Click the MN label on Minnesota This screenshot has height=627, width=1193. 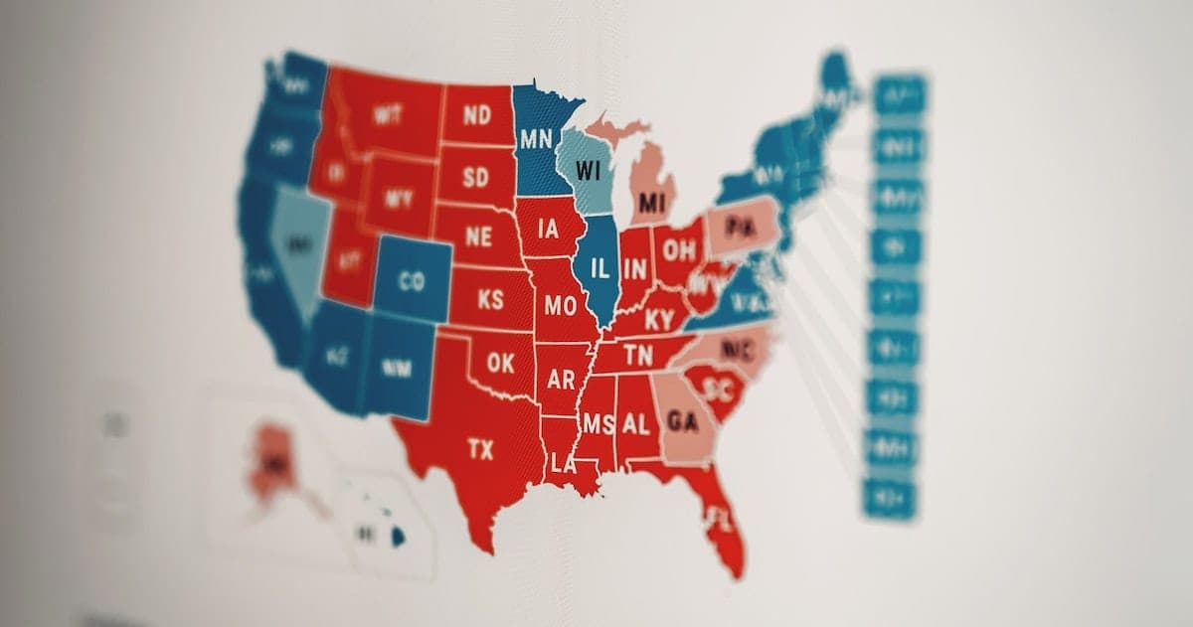pyautogui.click(x=536, y=137)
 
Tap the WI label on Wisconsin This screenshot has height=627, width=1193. pyautogui.click(x=589, y=170)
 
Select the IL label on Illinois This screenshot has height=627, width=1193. pyautogui.click(x=599, y=268)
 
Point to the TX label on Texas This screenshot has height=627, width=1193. pyautogui.click(x=480, y=450)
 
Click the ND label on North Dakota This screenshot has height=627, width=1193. pyautogui.click(x=476, y=115)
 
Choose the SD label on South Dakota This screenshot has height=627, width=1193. pyautogui.click(x=475, y=178)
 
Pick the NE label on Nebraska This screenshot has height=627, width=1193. pyautogui.click(x=478, y=236)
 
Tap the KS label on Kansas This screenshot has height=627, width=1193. pyautogui.click(x=490, y=300)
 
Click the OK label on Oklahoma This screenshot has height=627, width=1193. pyautogui.click(x=501, y=363)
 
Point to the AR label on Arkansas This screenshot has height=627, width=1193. pyautogui.click(x=561, y=380)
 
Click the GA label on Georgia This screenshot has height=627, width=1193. pyautogui.click(x=682, y=421)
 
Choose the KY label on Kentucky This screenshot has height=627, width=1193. pyautogui.click(x=658, y=320)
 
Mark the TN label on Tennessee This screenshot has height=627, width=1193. pyautogui.click(x=637, y=356)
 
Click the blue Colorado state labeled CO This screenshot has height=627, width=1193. pyautogui.click(x=412, y=281)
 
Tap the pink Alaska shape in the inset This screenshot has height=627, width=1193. pyautogui.click(x=270, y=463)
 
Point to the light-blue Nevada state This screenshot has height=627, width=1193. pyautogui.click(x=295, y=243)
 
